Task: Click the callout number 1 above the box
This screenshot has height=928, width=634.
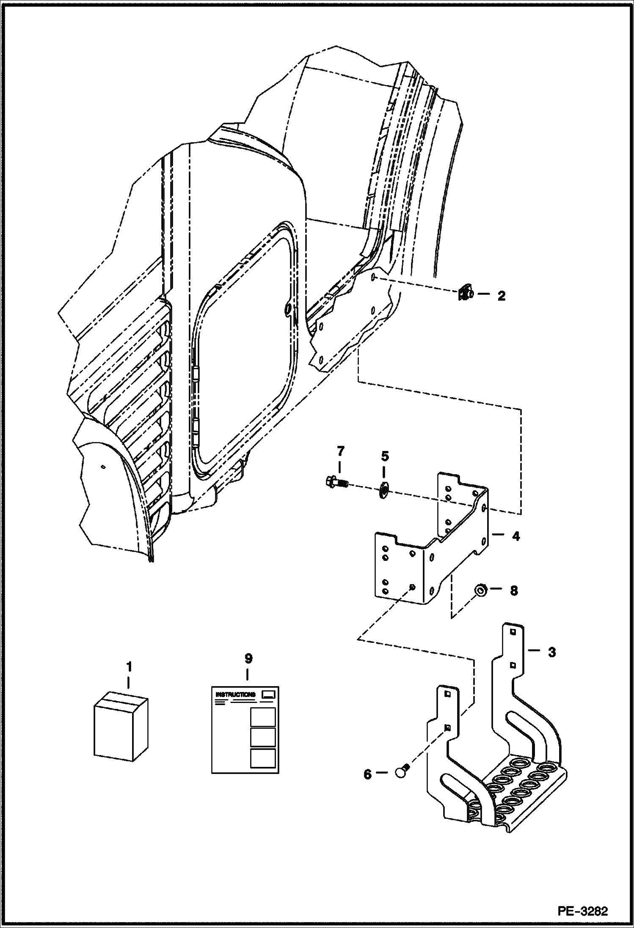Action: point(129,667)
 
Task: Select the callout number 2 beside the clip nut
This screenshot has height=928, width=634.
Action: point(501,296)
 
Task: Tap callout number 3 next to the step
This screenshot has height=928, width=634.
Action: point(552,652)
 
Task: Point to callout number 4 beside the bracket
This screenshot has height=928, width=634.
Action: point(515,536)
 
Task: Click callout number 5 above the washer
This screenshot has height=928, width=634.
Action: point(385,456)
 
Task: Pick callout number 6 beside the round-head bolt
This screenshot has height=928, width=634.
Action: point(367,774)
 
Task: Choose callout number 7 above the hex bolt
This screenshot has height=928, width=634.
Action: point(341,451)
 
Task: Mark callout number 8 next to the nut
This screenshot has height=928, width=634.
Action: point(514,591)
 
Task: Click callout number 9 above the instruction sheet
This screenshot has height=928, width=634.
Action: point(248,659)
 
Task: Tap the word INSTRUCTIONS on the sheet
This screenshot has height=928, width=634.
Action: point(236,695)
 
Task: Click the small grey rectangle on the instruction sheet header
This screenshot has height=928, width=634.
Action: point(268,694)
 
